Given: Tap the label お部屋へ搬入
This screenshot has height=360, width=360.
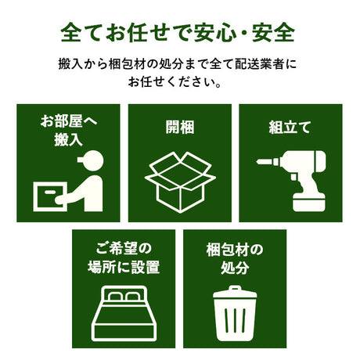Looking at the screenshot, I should point(68,131).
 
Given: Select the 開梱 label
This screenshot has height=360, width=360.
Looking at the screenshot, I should point(179,124).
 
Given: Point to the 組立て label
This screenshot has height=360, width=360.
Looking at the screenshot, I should point(290,124).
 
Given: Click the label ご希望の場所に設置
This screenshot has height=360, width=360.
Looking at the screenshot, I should point(124,259).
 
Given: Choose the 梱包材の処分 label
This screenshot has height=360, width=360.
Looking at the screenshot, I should point(235,259).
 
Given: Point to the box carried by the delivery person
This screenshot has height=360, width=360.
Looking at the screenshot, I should point(50,196).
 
